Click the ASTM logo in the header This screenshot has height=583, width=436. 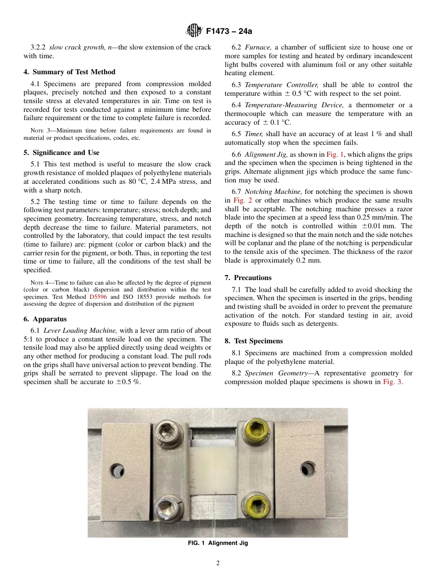coord(193,31)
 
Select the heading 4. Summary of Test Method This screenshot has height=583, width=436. coord(69,72)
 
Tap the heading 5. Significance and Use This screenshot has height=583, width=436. coord(61,153)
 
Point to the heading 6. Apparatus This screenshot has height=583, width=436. coord(45,319)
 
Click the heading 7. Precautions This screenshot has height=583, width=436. coord(248,278)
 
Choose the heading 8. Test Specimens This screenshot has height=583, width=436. coord(253,341)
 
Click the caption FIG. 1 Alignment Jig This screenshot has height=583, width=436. coord(218,543)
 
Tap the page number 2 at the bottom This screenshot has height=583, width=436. coord(218,563)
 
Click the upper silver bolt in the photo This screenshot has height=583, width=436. coord(164,431)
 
